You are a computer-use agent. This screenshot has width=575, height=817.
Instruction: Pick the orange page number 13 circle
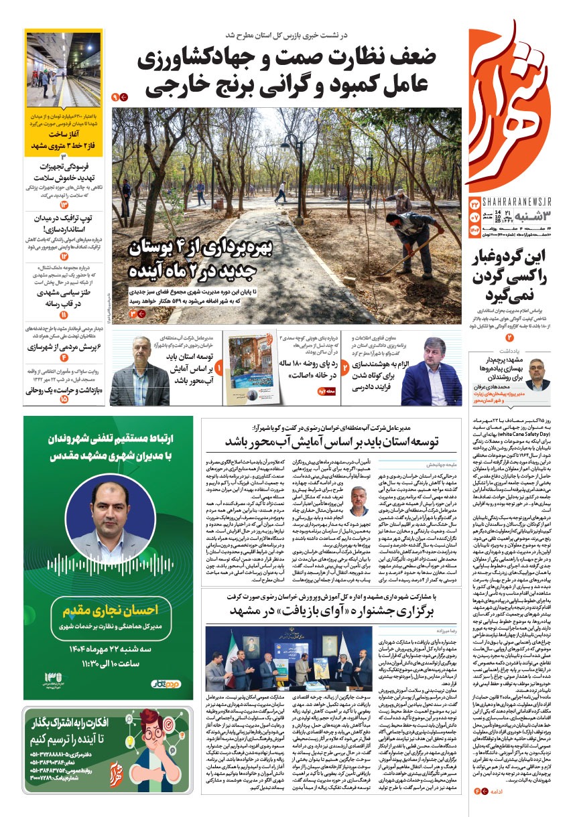(64, 204)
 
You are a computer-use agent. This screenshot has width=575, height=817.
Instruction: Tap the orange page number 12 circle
(64, 256)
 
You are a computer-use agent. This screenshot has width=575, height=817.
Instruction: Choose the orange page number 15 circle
(64, 398)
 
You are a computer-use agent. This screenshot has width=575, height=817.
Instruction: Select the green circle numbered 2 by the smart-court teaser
(344, 368)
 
